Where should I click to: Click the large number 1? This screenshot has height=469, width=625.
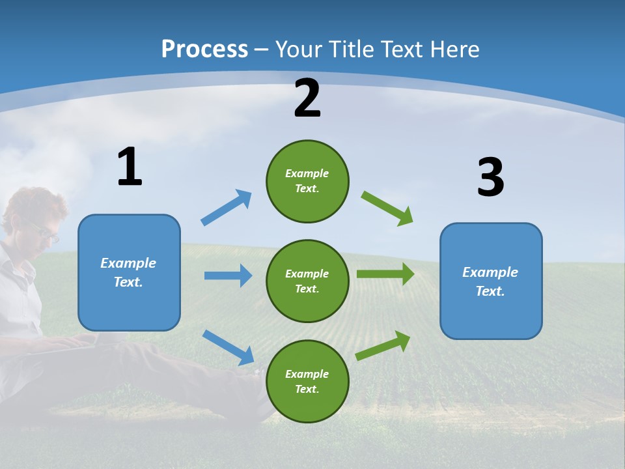coord(130,167)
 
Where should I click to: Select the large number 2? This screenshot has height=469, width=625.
coord(307,98)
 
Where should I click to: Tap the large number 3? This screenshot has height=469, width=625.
coord(490,177)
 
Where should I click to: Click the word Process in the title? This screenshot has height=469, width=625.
coord(204,50)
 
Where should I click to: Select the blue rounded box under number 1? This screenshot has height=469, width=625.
coord(129,272)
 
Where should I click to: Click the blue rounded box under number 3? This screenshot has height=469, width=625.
coord(491,281)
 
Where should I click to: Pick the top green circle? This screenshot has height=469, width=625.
coord(307,181)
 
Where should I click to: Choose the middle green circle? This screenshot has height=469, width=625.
coord(307,281)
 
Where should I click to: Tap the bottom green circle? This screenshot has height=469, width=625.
coord(307,382)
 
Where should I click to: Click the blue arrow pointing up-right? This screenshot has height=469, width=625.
coord(227,207)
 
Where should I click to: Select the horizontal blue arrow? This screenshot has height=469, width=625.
coord(228,276)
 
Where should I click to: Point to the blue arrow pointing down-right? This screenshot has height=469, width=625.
coord(228,347)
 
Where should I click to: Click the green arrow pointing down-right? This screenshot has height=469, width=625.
coord(387,208)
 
